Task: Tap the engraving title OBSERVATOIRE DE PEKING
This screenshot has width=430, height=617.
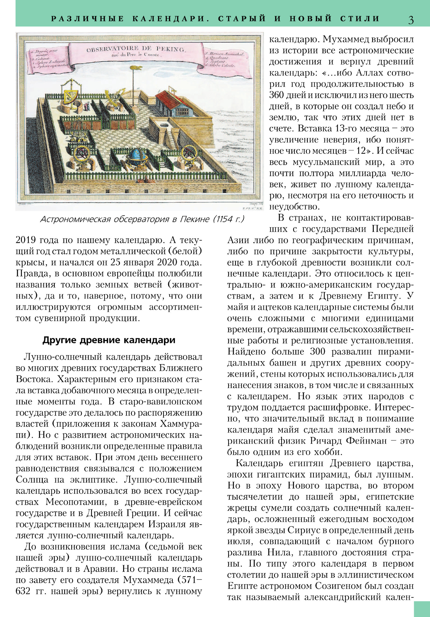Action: pyautogui.click(x=135, y=49)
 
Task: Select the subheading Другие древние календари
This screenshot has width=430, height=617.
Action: pyautogui.click(x=109, y=340)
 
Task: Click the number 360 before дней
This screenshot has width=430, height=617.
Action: pyautogui.click(x=277, y=95)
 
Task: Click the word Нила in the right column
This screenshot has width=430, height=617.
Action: pyautogui.click(x=276, y=553)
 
